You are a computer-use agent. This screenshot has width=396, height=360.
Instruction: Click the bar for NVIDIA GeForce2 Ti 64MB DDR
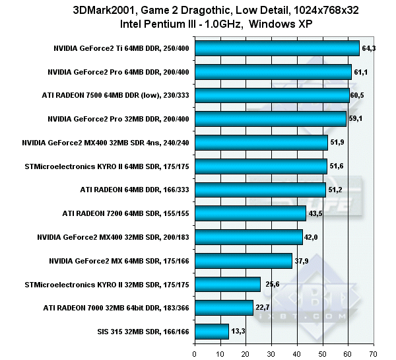(x=277, y=48)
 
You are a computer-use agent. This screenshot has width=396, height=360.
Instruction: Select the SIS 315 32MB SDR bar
(x=211, y=331)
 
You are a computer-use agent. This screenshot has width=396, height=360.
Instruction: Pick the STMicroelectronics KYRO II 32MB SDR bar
(x=227, y=284)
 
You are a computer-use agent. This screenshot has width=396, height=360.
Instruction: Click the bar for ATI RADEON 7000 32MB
(x=224, y=307)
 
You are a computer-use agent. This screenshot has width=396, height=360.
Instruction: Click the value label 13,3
(x=238, y=331)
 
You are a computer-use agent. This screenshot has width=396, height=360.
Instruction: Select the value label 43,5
(x=316, y=213)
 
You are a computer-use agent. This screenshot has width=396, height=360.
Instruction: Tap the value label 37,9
(x=302, y=260)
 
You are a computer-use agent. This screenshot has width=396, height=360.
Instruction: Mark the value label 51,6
(x=337, y=166)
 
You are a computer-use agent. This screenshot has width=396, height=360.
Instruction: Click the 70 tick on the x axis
(x=374, y=351)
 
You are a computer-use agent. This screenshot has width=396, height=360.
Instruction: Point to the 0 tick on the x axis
(x=194, y=351)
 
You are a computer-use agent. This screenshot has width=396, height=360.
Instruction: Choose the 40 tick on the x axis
(x=297, y=351)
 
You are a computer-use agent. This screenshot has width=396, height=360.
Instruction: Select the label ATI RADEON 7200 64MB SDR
(x=125, y=213)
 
